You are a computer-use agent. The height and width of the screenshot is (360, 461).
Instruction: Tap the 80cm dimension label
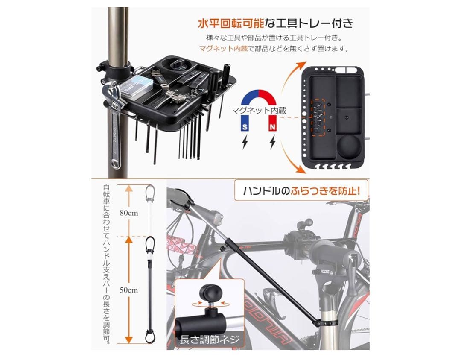(x=128, y=212)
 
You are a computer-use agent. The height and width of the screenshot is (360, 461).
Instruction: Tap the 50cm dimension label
(x=128, y=290)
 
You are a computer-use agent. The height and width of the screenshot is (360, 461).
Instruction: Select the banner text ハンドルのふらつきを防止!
(x=301, y=190)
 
